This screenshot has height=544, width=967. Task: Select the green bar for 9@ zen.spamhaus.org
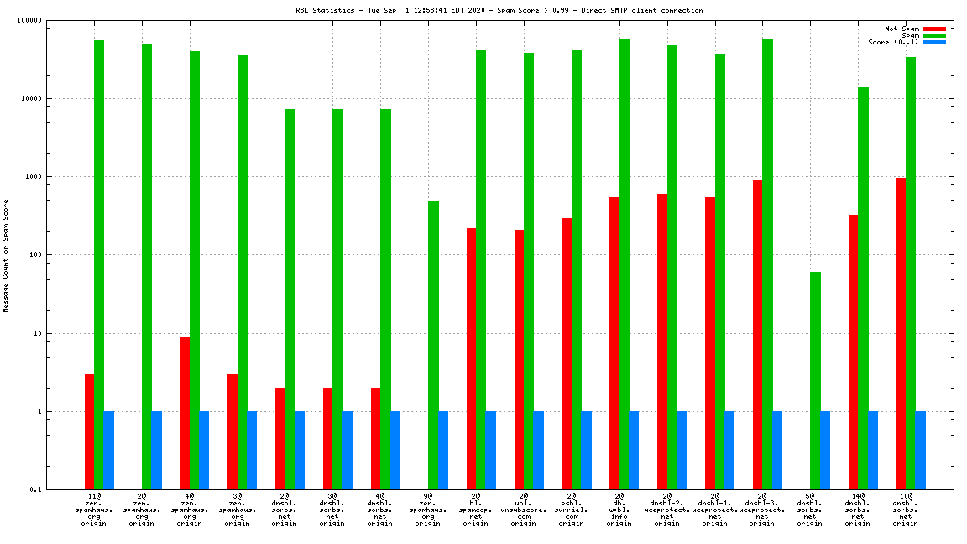433,345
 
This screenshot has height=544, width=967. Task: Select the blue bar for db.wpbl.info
634,450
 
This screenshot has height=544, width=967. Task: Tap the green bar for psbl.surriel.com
577,269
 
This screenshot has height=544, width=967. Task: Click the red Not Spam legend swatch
934,29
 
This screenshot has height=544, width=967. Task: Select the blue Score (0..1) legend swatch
934,42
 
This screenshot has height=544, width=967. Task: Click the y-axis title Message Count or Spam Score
6,255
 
